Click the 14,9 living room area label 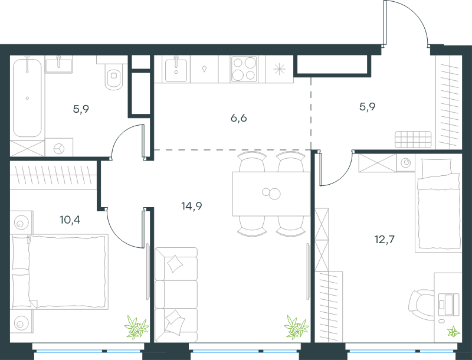[191, 207]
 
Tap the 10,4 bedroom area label [70, 220]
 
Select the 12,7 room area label [385, 240]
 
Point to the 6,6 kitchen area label [239, 118]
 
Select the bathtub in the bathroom [27, 97]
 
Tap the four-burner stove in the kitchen [244, 69]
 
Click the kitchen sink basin [176, 70]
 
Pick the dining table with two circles [271, 194]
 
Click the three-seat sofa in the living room [176, 294]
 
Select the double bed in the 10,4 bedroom [60, 272]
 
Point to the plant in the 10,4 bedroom [137, 327]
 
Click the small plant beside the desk [453, 332]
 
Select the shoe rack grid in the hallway [413, 139]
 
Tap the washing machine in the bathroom [59, 147]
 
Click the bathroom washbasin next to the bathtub [58, 66]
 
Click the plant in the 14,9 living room [297, 327]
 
